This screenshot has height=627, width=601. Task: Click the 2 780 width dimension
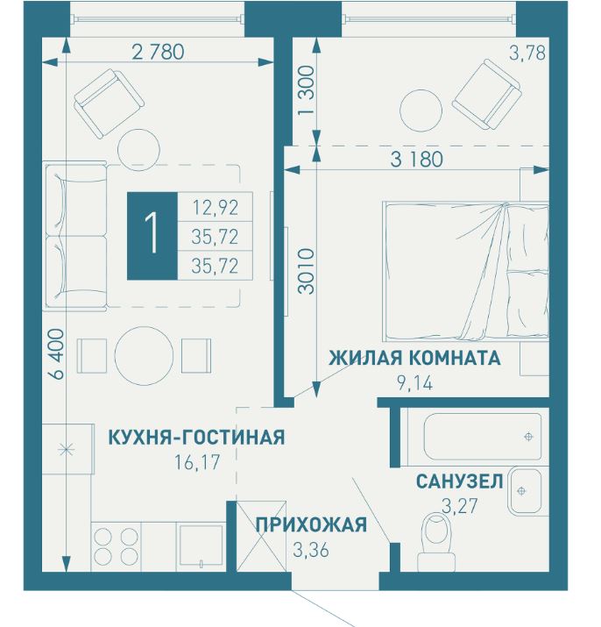coord(158,52)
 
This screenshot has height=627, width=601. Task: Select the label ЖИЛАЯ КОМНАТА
coord(414,358)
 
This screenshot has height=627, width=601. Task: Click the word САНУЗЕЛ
coord(458,481)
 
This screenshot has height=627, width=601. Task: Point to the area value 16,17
coord(197,460)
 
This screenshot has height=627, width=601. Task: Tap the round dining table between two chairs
coord(145,353)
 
